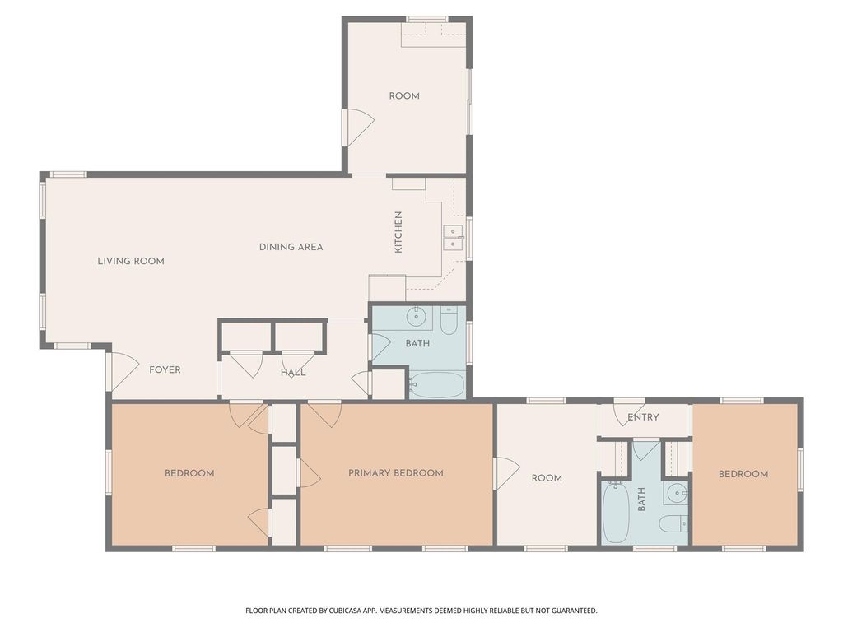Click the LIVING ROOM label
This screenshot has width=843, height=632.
[131, 261]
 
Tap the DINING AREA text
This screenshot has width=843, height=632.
[291, 247]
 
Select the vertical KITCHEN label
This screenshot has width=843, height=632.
[398, 232]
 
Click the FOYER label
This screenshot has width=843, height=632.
[165, 369]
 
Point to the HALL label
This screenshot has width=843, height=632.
[293, 373]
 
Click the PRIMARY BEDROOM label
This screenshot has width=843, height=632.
[396, 473]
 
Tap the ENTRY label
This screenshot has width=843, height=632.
[643, 417]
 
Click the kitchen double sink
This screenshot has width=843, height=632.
[454, 238]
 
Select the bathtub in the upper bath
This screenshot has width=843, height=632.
[436, 384]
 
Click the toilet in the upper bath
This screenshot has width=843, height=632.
[449, 320]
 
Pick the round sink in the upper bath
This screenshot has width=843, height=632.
[417, 317]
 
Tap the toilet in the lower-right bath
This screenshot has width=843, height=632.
[673, 523]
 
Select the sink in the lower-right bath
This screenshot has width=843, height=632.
[675, 493]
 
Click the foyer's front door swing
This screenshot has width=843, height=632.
[122, 371]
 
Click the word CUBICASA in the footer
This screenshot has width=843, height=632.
[344, 611]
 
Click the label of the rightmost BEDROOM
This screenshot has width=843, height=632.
[743, 474]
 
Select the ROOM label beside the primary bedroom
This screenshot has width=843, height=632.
[547, 478]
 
